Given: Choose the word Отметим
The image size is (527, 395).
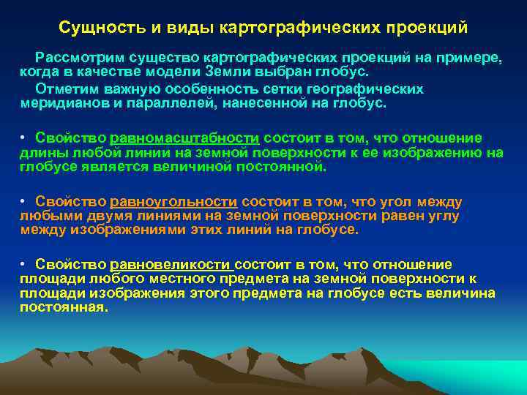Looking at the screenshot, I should coord(64,89).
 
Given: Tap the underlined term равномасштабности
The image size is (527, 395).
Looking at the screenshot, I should coord(185,138).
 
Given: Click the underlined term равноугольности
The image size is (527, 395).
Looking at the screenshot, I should coord(173,202).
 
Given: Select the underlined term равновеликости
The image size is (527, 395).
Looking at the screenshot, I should coord(171,265).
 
